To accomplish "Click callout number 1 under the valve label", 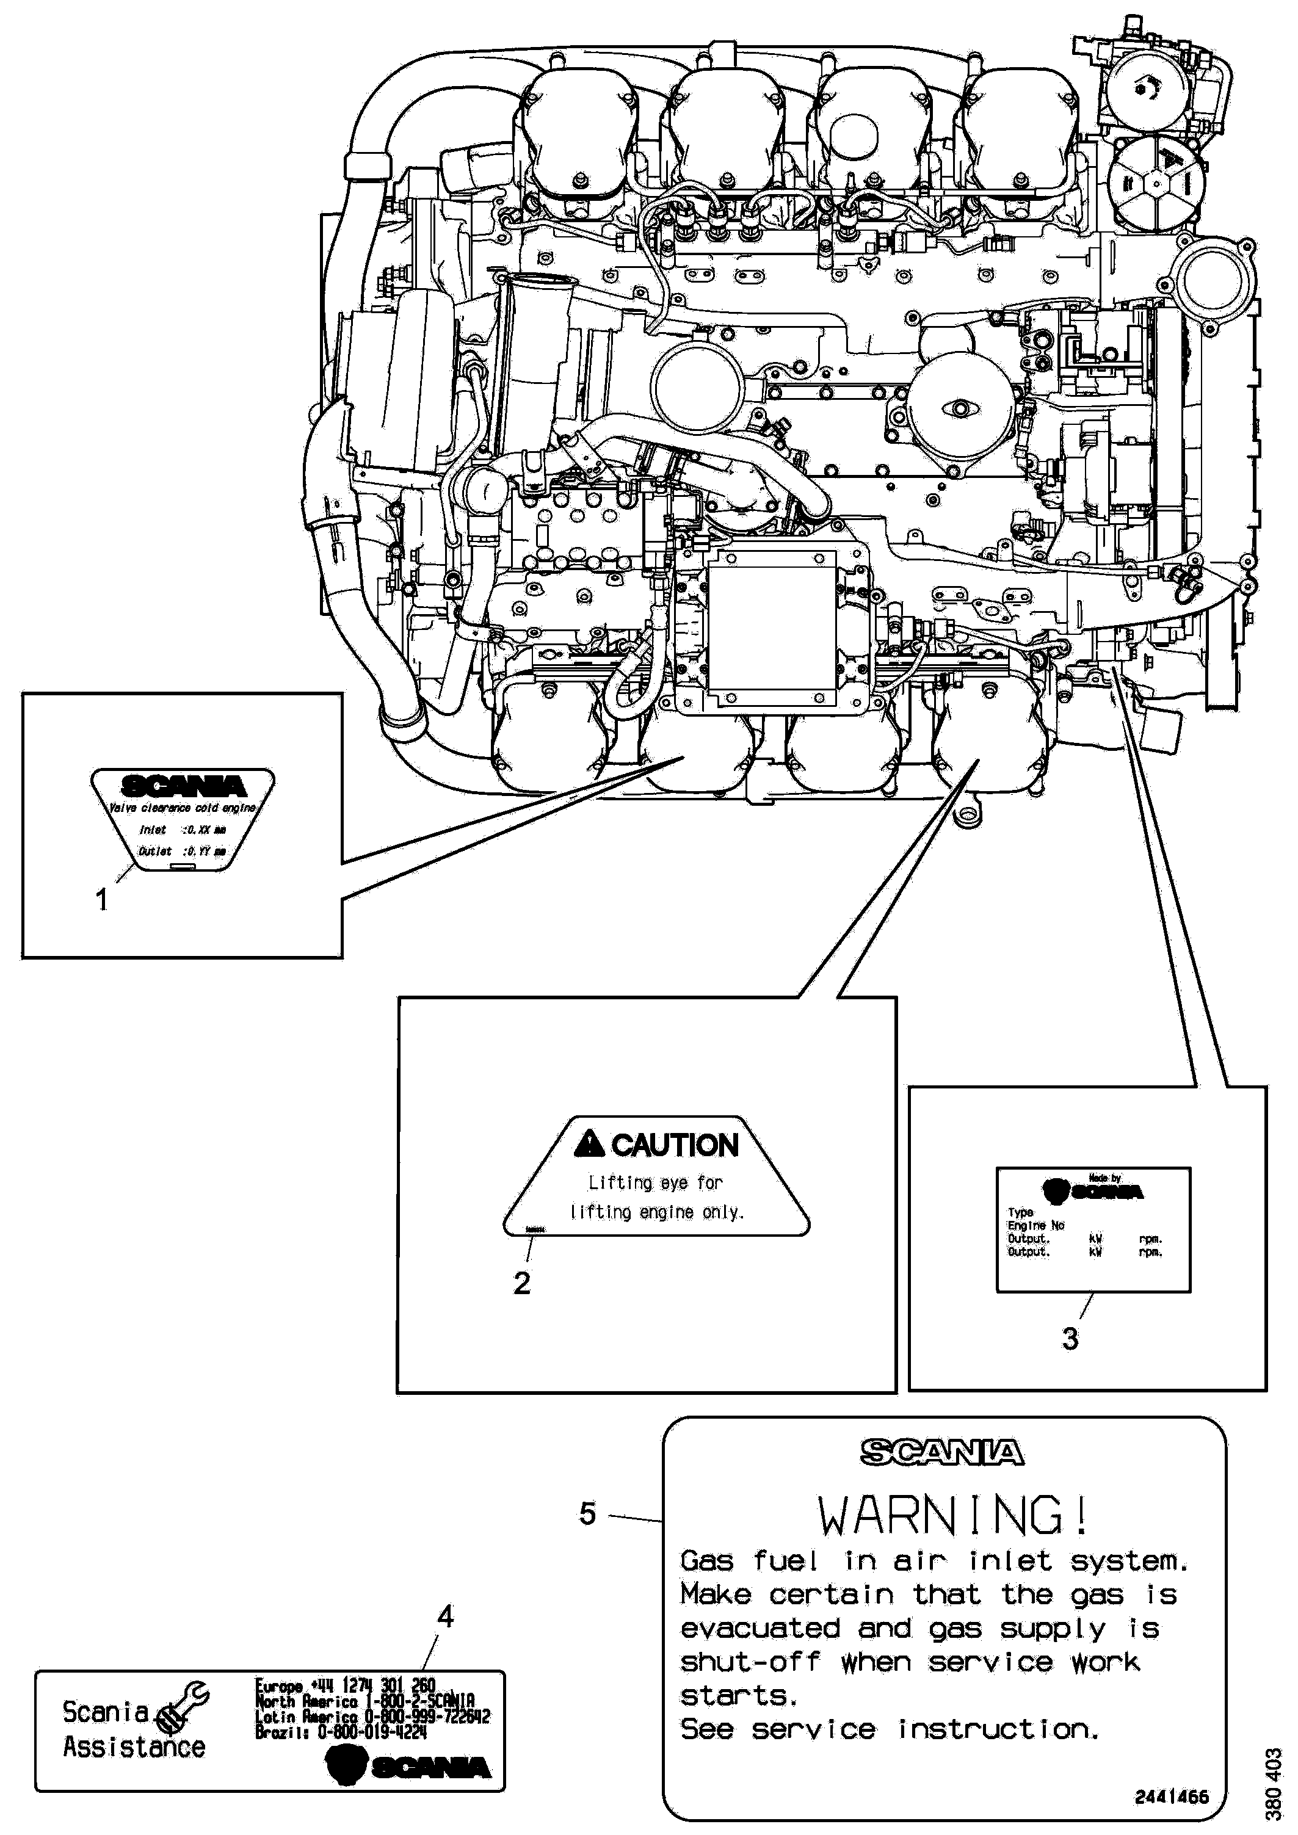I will pyautogui.click(x=101, y=901).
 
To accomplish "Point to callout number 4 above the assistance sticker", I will pyautogui.click(x=445, y=1617).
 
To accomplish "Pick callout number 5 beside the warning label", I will pyautogui.click(x=587, y=1513).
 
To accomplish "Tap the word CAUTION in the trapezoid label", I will pyautogui.click(x=675, y=1145).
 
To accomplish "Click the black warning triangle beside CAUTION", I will pyautogui.click(x=589, y=1145).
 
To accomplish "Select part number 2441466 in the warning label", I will pyautogui.click(x=1172, y=1797).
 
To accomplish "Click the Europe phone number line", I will pyautogui.click(x=346, y=1685).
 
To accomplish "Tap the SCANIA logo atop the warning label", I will pyautogui.click(x=942, y=1452).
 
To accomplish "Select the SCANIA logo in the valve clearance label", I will pyautogui.click(x=183, y=786).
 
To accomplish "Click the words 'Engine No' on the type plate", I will pyautogui.click(x=1036, y=1226).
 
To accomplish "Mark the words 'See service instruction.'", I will pyautogui.click(x=890, y=1729).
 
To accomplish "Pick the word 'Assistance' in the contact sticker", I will pyautogui.click(x=134, y=1746).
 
